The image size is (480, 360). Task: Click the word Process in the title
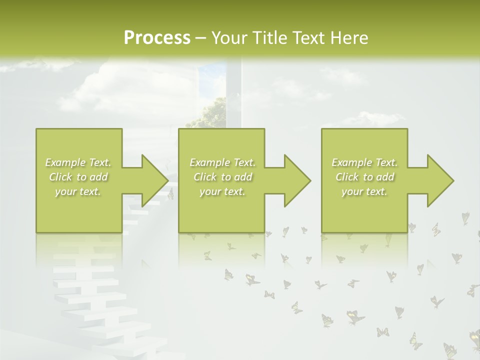157,38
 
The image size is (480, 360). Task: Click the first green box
78,210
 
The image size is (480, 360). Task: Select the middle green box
221,210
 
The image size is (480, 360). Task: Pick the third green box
364,210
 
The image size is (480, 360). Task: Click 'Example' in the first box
65,162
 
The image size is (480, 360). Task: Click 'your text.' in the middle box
222,191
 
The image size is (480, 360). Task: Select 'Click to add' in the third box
364,177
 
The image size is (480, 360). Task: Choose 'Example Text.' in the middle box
222,162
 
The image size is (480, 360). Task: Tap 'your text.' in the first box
78,191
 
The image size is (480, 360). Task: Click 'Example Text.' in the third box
364,162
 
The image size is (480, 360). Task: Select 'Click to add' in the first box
78,177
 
